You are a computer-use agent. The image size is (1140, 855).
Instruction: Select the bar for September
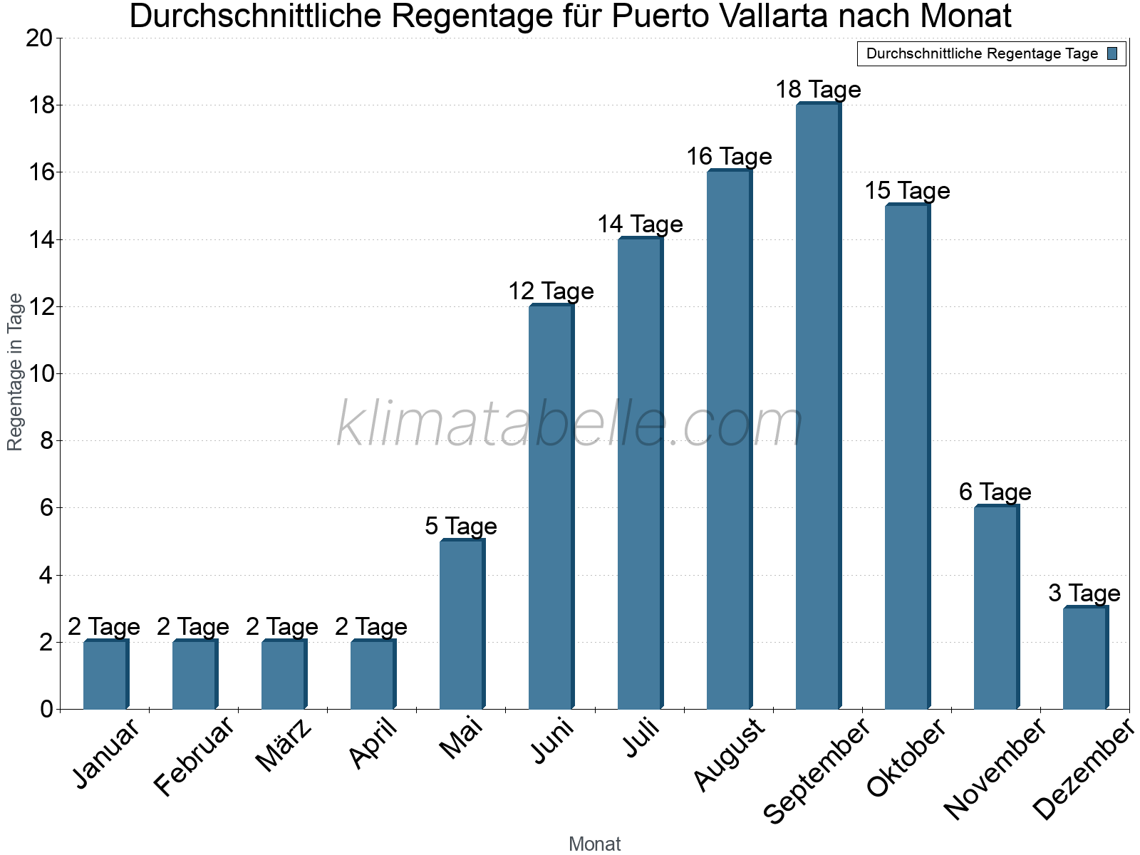(818, 406)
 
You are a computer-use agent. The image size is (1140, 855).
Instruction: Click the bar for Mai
(462, 625)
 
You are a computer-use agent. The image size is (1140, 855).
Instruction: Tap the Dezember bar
(1085, 658)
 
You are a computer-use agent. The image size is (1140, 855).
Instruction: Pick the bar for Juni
(551, 507)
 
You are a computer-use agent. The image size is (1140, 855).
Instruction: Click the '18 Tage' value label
(818, 90)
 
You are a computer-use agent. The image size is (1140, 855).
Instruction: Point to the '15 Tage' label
(907, 191)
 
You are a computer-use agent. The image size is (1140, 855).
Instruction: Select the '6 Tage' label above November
(995, 492)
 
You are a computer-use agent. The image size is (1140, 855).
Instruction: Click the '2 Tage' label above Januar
(104, 627)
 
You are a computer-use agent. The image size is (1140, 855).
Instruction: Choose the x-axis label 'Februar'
(194, 757)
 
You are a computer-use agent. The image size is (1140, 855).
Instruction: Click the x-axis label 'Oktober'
(906, 758)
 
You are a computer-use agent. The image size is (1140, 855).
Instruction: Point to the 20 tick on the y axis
(39, 38)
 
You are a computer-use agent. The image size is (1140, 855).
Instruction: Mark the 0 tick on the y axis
(47, 710)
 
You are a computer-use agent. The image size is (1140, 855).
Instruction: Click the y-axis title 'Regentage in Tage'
(16, 372)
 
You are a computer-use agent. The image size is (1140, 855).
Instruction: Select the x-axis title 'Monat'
(595, 844)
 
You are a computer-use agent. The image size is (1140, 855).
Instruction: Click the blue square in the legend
(1112, 53)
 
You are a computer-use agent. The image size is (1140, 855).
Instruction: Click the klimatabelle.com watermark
(570, 424)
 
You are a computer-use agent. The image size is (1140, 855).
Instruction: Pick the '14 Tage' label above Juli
(640, 224)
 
